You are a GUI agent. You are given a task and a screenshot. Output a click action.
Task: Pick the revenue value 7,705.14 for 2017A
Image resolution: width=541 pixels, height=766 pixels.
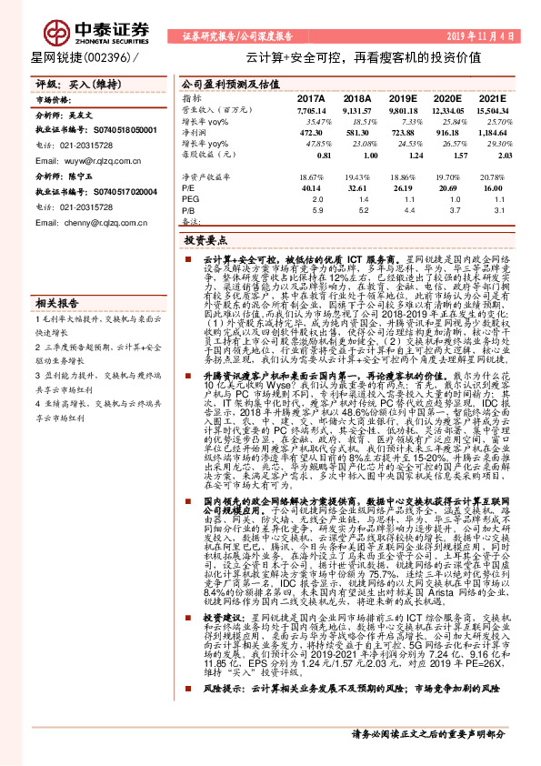pos(309,108)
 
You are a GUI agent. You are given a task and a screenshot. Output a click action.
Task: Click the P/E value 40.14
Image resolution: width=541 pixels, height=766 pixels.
pos(312,186)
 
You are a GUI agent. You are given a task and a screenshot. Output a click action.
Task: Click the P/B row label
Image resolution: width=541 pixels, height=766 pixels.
pos(189,209)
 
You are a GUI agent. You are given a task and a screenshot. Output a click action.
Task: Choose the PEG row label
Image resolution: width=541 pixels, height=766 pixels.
pos(190,197)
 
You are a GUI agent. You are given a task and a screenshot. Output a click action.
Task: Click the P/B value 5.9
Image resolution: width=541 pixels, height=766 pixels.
pos(316,209)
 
